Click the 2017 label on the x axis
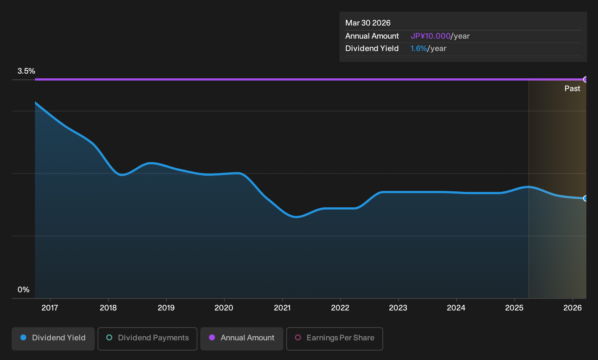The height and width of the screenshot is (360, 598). click(x=50, y=308)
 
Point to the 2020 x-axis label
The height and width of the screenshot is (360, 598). click(x=224, y=308)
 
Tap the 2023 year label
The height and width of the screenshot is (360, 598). click(x=398, y=308)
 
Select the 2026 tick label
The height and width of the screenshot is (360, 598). click(x=573, y=308)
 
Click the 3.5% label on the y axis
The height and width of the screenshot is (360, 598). click(x=26, y=71)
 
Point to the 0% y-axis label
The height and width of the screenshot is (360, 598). click(x=24, y=290)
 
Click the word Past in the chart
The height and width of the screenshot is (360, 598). click(x=573, y=89)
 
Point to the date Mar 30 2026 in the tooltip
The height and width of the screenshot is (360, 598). click(x=368, y=23)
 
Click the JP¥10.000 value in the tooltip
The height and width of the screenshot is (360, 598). click(x=430, y=36)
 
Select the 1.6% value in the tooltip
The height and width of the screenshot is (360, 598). click(x=418, y=48)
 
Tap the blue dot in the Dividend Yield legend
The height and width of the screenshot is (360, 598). click(x=24, y=337)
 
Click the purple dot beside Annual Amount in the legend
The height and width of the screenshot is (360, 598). click(x=212, y=337)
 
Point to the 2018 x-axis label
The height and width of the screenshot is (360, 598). click(x=108, y=308)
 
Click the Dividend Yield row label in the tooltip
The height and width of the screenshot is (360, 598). click(x=372, y=48)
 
